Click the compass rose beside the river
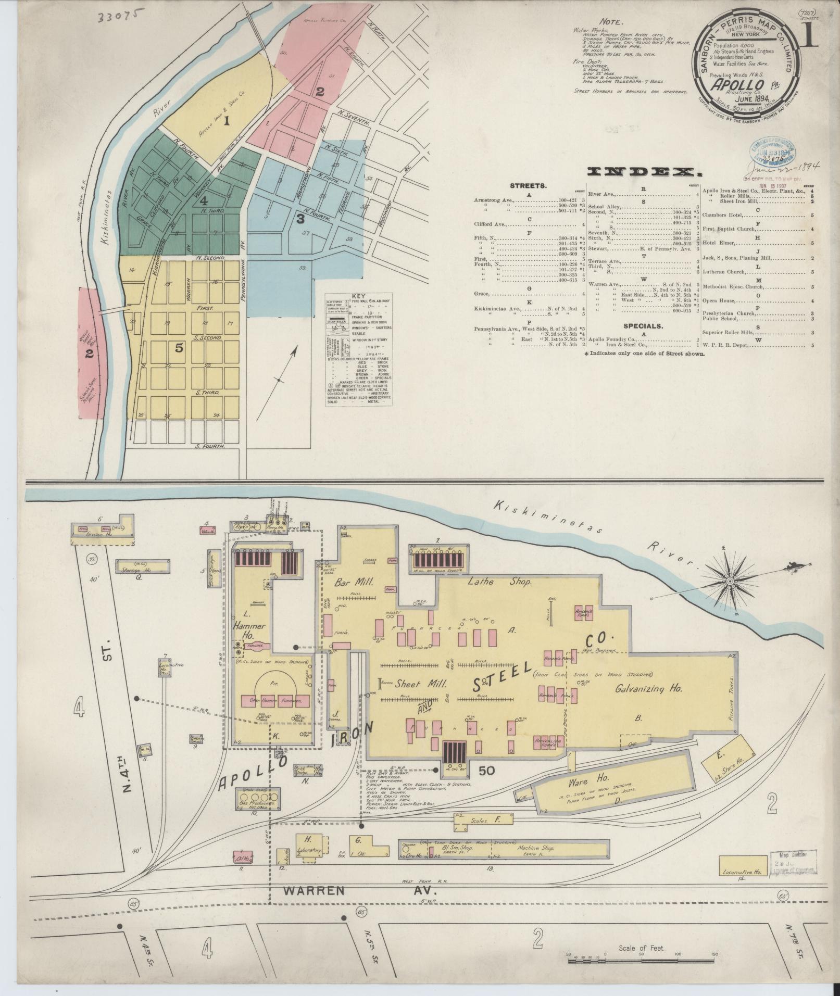click(730, 581)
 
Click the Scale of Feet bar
click(642, 960)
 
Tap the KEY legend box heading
click(359, 294)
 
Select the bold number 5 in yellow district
click(179, 349)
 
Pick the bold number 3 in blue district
click(300, 219)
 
